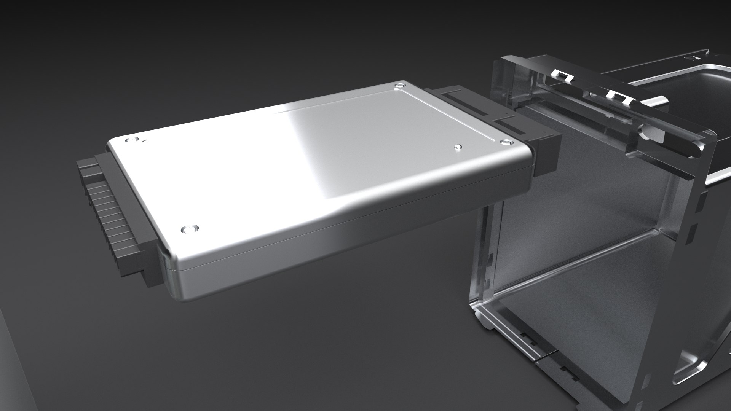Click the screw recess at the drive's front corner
189,229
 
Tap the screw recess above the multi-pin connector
131,140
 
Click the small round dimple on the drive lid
458,146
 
